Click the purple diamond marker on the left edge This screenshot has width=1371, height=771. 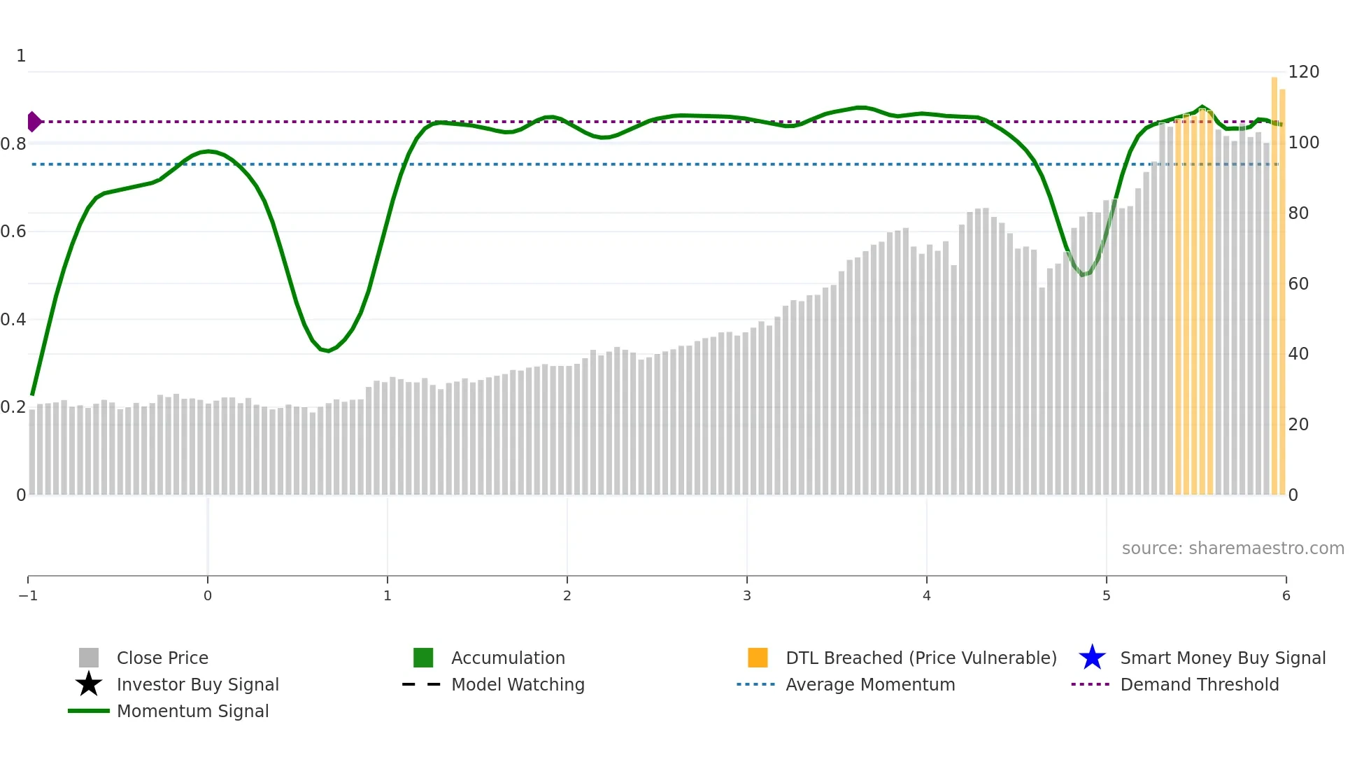pos(34,122)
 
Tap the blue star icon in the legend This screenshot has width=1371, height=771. pos(1092,658)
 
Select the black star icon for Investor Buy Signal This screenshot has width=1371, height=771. pos(89,684)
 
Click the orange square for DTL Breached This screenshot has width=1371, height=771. pos(758,658)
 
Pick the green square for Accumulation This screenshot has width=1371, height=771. pos(423,658)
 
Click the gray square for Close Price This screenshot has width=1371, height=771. pos(89,658)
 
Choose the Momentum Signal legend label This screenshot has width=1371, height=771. pos(192,711)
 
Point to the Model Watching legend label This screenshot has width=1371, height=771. pos(518,684)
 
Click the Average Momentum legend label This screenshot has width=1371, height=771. pos(870,684)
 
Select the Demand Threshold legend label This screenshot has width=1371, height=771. pos(1199,684)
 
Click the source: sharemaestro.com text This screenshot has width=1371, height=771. pos(1233,549)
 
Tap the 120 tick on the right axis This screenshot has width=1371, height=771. pos(1303,72)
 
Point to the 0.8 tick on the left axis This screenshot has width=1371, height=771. pos(13,144)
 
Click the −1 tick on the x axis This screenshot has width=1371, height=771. pos(28,595)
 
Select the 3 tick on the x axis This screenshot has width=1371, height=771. pos(747,595)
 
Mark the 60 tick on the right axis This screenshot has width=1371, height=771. pos(1298,283)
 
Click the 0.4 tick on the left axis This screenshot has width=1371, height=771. pos(13,320)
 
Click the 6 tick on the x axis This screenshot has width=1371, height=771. pos(1286,595)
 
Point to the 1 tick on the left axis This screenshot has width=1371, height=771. pos(21,56)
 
